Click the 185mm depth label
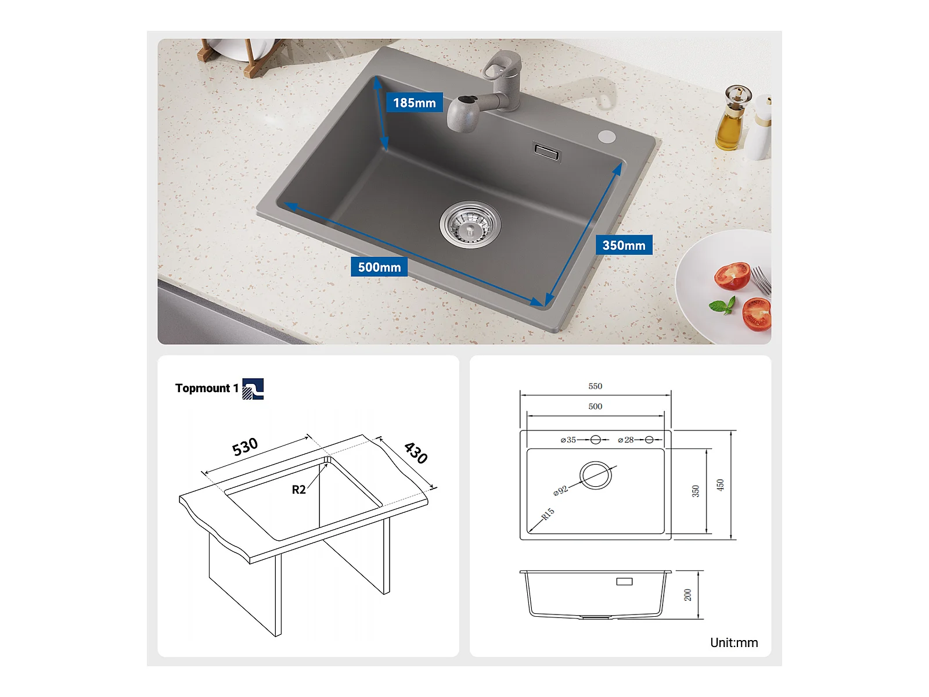[x=415, y=102]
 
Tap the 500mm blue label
[x=379, y=267]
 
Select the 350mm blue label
[x=624, y=245]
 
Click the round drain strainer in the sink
[x=470, y=224]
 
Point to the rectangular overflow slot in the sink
[x=547, y=152]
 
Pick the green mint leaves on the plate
[x=723, y=306]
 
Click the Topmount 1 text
[x=207, y=388]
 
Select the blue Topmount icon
[x=253, y=389]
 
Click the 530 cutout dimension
[x=245, y=447]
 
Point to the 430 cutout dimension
[x=416, y=453]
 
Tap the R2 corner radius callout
[x=298, y=490]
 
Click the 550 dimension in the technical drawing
[x=595, y=386]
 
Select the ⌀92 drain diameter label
[x=560, y=490]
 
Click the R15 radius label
[x=548, y=514]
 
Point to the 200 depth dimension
[x=688, y=595]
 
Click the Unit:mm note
[x=734, y=642]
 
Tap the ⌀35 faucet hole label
[x=568, y=440]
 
